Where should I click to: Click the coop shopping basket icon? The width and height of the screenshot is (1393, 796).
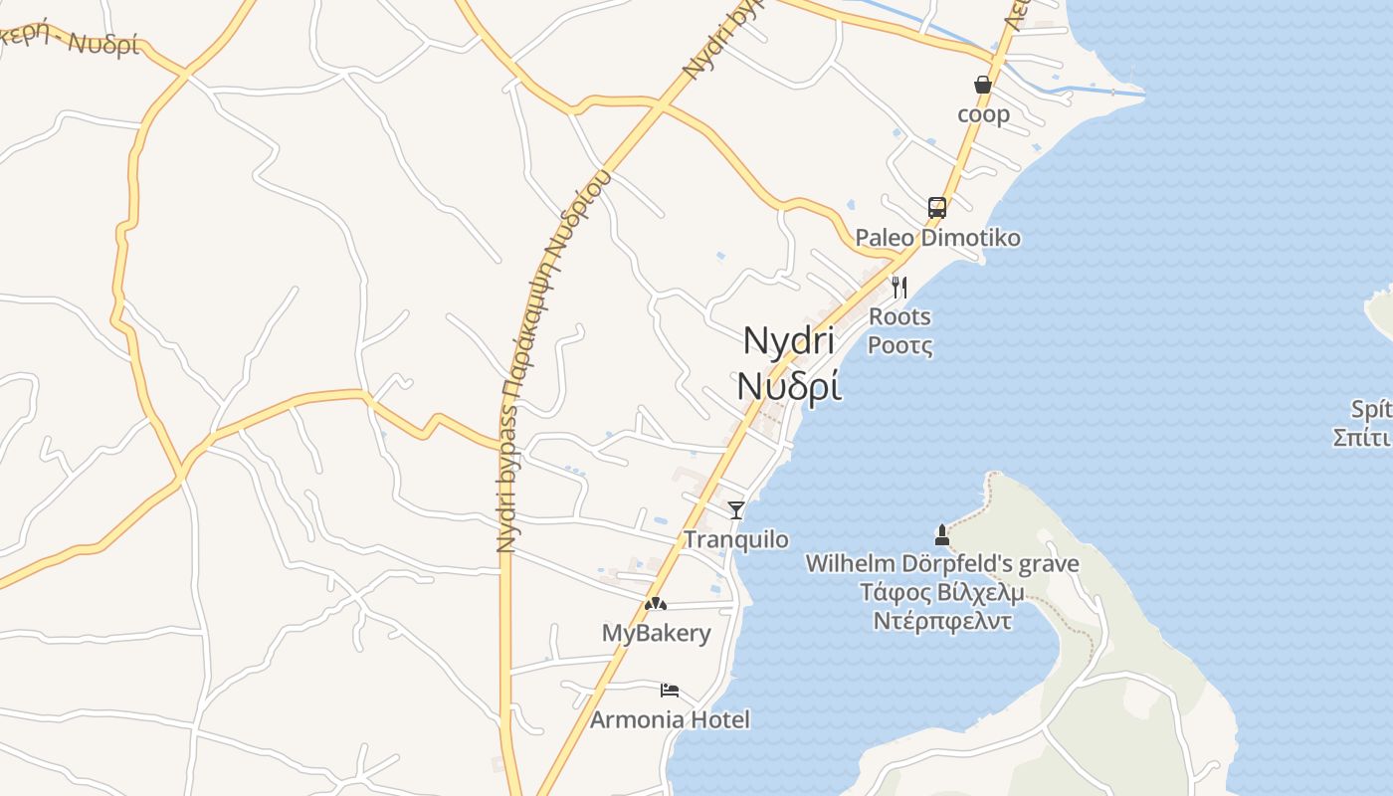[983, 86]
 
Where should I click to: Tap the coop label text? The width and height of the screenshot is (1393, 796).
[983, 114]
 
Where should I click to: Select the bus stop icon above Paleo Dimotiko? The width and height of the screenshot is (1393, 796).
[937, 207]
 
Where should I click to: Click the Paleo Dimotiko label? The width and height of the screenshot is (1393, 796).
[937, 238]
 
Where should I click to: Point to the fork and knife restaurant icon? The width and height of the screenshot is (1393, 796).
[899, 288]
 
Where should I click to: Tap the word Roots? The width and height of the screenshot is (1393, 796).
[899, 316]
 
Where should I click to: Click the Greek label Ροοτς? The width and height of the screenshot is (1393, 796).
[899, 345]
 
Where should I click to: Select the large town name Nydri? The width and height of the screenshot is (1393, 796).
[788, 341]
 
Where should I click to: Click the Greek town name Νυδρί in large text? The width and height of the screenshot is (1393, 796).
[788, 385]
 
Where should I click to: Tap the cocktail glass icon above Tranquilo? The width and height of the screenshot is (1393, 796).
[736, 510]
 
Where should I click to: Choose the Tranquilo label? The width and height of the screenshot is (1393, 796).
[736, 539]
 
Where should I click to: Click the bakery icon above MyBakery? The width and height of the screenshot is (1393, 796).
[655, 603]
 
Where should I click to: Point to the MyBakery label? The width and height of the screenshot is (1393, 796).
[656, 633]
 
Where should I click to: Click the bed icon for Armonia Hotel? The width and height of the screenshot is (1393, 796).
[670, 690]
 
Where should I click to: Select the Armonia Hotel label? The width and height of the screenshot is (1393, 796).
[670, 719]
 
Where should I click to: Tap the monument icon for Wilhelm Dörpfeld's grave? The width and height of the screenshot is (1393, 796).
[941, 535]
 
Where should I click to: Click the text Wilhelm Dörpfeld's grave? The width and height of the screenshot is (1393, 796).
[941, 564]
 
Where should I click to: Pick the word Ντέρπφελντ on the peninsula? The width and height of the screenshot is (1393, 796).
[941, 621]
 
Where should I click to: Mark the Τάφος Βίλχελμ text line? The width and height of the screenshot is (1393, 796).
[941, 593]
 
